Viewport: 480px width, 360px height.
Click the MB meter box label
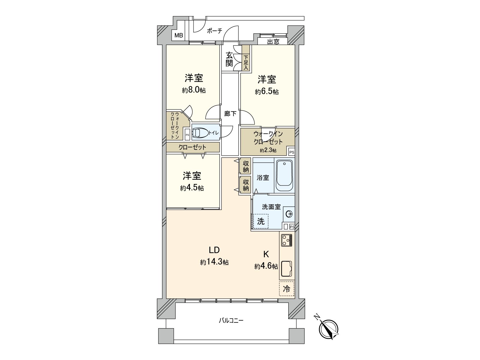tap(178, 36)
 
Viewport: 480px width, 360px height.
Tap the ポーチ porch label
tap(214, 31)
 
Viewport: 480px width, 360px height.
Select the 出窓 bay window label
tap(273, 42)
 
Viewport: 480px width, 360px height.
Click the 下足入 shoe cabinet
tap(246, 62)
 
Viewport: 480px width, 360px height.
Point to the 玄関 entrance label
tap(229, 59)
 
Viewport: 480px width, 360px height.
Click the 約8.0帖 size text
tap(194, 90)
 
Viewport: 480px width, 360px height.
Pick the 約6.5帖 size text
tap(267, 91)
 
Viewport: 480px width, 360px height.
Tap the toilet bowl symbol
tap(199, 133)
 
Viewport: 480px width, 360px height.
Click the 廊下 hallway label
tap(230, 114)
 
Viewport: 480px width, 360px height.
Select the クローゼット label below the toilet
tap(192, 147)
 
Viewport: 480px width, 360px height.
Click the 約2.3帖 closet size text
tap(268, 150)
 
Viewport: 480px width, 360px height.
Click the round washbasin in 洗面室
tap(289, 214)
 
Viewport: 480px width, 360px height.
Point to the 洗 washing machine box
tap(261, 221)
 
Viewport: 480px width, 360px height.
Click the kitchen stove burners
tap(286, 240)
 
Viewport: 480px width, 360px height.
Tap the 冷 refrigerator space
tap(287, 289)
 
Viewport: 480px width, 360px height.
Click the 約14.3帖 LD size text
tap(214, 262)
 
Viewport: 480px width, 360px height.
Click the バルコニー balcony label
tap(231, 321)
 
